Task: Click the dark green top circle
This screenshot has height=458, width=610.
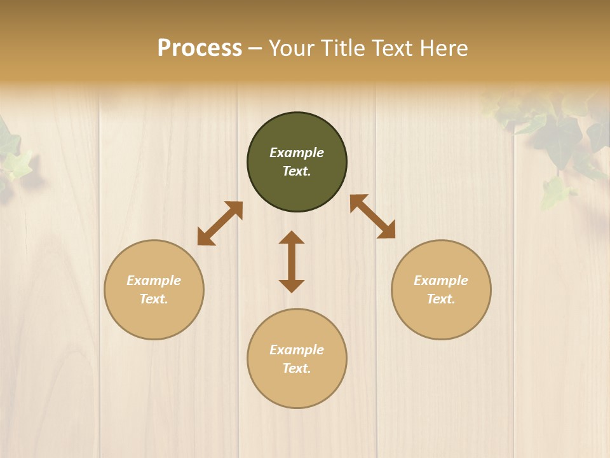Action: pos(297,162)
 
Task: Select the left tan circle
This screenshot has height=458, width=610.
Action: pos(154,289)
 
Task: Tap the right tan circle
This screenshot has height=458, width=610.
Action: pos(441,289)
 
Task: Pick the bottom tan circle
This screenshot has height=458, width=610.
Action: pos(297,359)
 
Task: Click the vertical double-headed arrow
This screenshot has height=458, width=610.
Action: pos(292,261)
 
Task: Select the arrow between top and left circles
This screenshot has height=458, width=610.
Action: pos(220,223)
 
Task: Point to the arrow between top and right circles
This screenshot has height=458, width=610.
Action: pos(372,216)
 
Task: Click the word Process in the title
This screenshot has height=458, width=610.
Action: pos(200,48)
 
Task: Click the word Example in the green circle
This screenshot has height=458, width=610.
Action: pos(297,153)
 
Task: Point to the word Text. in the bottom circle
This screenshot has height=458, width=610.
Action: pos(297,368)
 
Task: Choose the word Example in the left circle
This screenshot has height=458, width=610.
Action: pos(154,281)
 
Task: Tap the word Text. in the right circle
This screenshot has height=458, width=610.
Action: pos(441,299)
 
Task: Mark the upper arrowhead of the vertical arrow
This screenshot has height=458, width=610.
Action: pos(292,238)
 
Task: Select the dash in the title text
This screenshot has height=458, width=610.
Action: pos(255,48)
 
